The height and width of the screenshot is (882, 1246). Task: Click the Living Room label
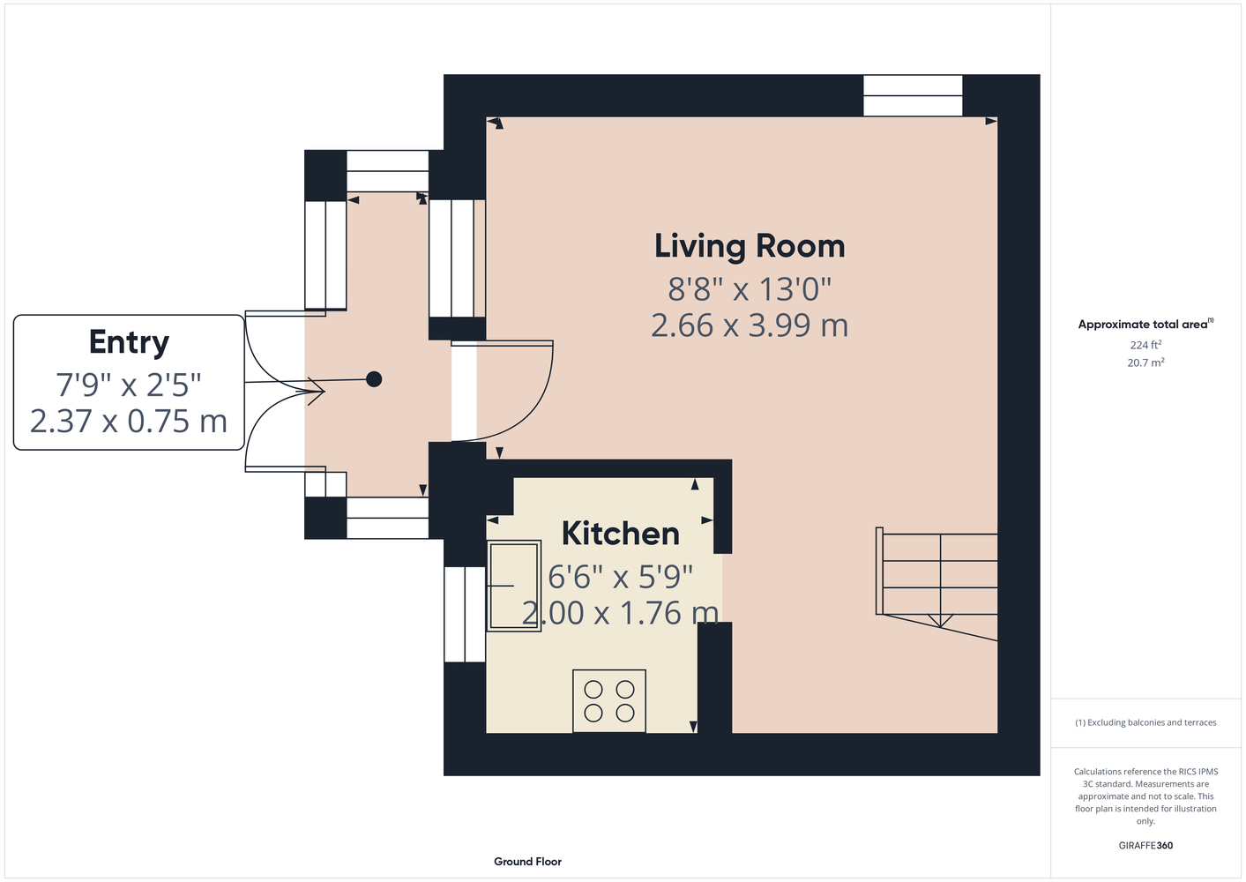coord(750,246)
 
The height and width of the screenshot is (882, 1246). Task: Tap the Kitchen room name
coord(620,533)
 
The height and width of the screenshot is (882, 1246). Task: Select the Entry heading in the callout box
coord(129,341)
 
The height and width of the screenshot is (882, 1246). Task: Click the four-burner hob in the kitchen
coord(609,701)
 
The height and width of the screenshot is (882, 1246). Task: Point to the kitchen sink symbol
coord(514,586)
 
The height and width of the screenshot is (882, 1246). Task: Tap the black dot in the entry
coord(374,379)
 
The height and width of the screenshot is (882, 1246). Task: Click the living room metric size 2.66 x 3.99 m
coord(750,325)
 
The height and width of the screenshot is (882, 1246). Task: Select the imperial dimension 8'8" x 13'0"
coord(750,289)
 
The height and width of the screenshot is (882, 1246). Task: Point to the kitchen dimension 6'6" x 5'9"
coord(620,577)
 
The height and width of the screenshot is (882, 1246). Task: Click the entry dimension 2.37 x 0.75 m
coord(129,422)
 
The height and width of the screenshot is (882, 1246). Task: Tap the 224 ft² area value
coord(1145,345)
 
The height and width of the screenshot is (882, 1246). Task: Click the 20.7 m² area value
coord(1145,363)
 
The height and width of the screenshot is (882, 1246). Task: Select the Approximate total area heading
coord(1145,324)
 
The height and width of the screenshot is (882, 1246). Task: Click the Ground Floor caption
coord(527,862)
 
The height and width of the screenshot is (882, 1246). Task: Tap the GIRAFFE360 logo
coord(1145,845)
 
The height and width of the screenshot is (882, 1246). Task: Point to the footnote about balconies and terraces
coord(1145,722)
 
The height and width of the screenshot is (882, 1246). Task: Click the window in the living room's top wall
coord(913,96)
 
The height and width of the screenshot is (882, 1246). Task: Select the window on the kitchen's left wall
coord(465,615)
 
